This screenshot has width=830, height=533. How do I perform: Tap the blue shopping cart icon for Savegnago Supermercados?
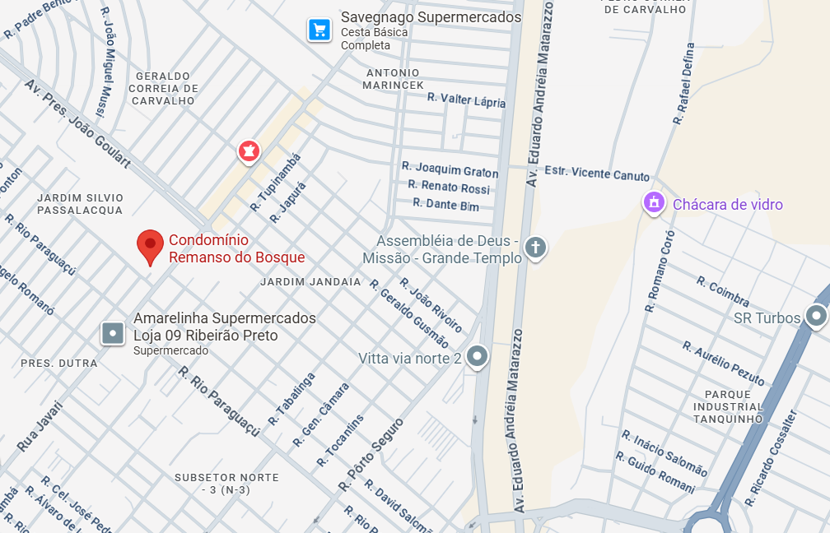click(319, 30)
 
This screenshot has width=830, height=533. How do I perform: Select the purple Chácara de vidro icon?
click(654, 202)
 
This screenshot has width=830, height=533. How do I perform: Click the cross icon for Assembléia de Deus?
click(535, 248)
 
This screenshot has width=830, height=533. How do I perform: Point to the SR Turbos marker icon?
click(816, 316)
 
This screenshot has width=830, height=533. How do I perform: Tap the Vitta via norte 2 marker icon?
click(477, 357)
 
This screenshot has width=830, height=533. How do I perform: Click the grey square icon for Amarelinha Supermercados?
click(113, 333)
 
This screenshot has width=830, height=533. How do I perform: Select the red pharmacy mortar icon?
click(248, 151)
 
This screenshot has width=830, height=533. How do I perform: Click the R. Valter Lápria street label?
click(466, 100)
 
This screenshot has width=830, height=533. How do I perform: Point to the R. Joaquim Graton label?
click(450, 169)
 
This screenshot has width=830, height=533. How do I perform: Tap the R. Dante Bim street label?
click(445, 204)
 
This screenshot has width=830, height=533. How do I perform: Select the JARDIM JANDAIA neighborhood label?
click(310, 281)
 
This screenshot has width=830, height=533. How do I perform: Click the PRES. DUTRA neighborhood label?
click(58, 363)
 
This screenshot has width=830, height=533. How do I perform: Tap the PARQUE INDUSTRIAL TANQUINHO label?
click(728, 406)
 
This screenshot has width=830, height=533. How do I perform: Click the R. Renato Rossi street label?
click(449, 188)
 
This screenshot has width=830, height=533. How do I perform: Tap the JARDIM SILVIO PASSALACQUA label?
click(80, 204)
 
